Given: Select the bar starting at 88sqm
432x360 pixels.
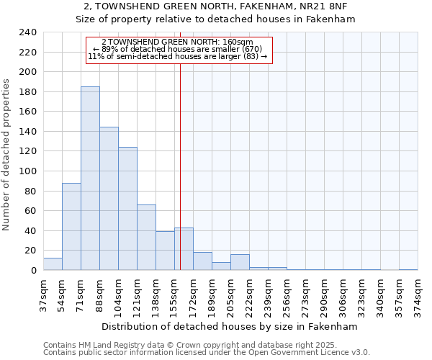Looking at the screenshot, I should coord(109,199).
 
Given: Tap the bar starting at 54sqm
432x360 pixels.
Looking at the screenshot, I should coord(71,227).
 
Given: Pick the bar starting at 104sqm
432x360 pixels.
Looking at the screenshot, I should coord(127,209).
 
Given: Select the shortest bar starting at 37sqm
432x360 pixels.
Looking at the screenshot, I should coord(53,264).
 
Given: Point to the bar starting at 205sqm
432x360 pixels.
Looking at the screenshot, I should coord(240,263).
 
